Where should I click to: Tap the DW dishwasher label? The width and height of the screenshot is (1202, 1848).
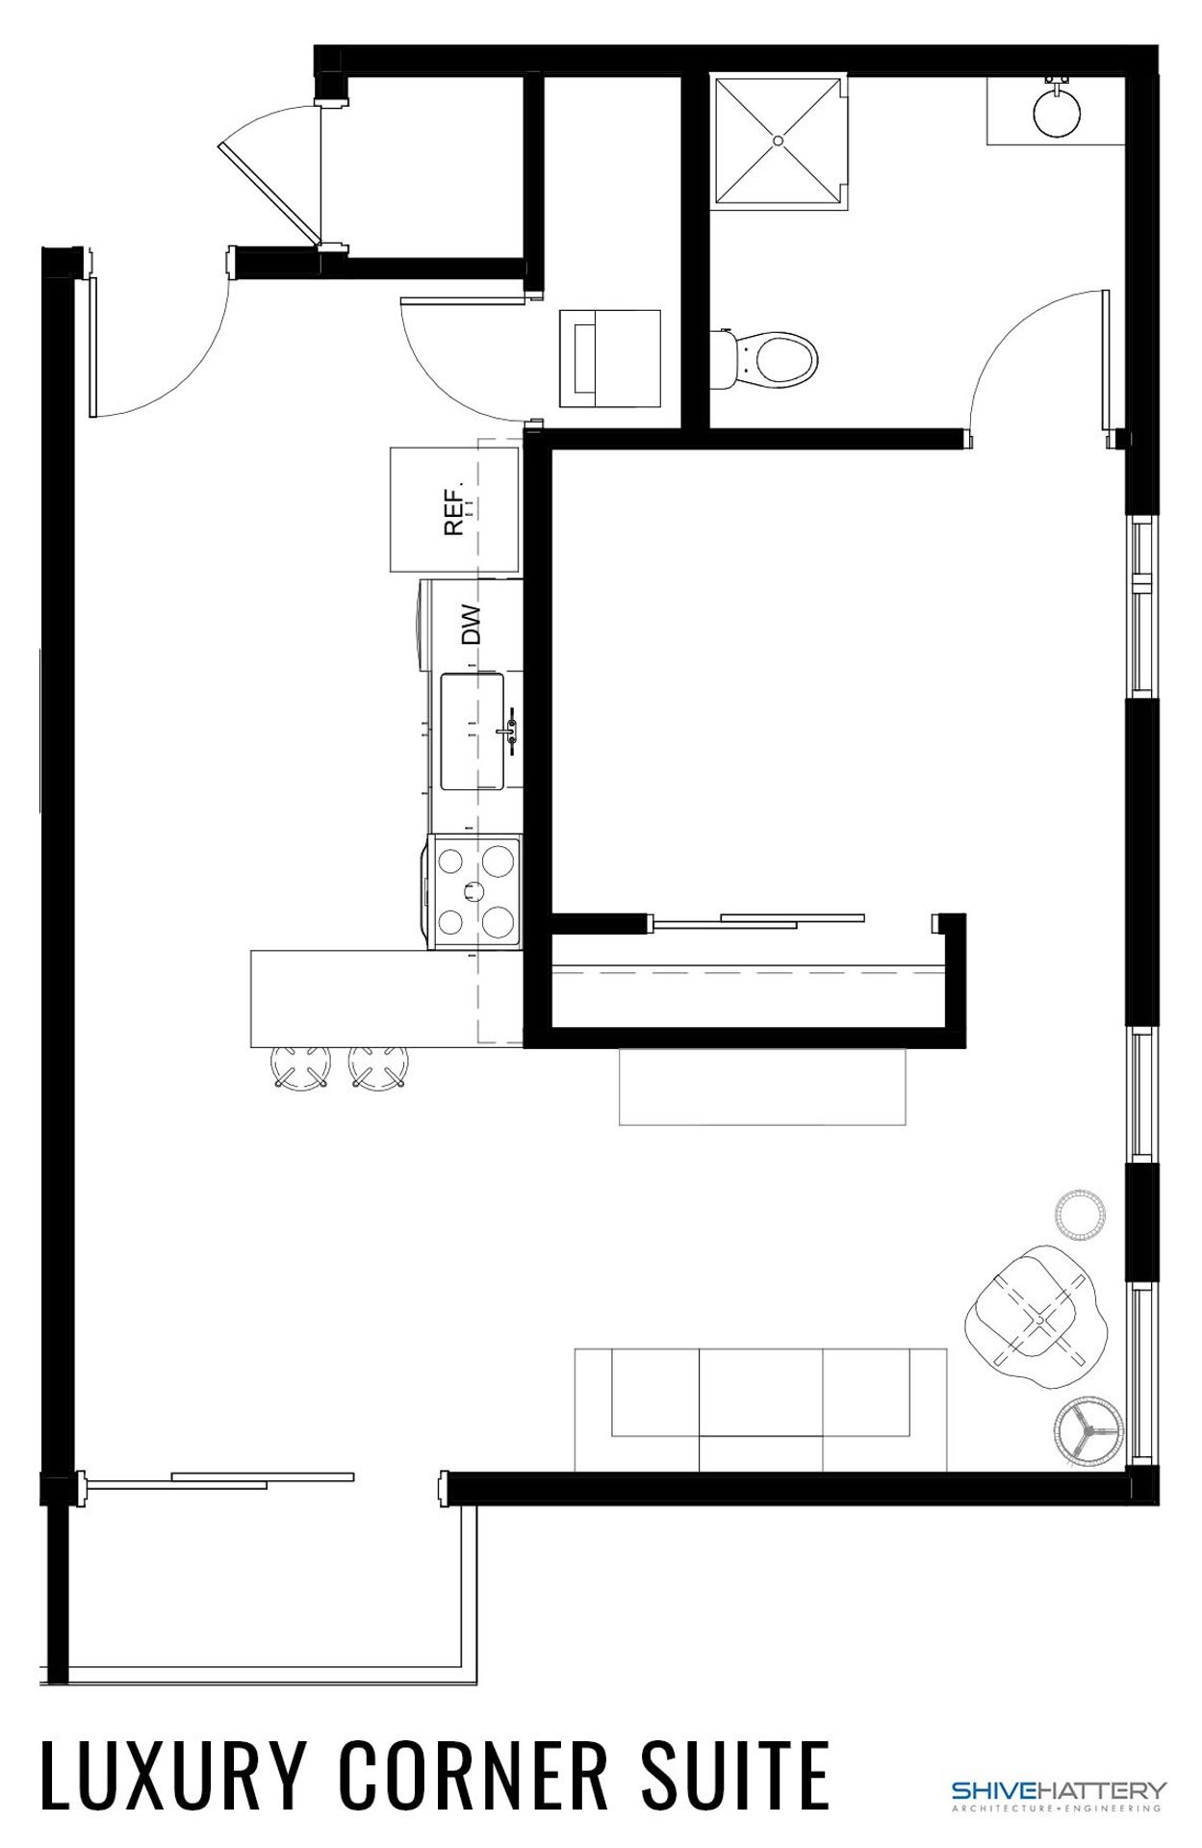pos(471,625)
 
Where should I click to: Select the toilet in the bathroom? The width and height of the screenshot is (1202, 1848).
pos(776,359)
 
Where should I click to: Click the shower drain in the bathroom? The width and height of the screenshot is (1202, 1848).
pos(779,141)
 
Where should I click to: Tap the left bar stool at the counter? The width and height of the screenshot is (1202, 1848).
pos(300,1067)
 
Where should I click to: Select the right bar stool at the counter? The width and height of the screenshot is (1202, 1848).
pos(377,1067)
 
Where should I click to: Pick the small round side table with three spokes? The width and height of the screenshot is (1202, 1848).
pos(1087,1433)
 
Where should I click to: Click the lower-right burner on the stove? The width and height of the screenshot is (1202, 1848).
pos(498,921)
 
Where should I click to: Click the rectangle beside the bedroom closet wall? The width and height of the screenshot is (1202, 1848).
pos(761,1087)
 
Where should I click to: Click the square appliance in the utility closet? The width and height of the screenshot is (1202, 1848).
pos(610,357)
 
